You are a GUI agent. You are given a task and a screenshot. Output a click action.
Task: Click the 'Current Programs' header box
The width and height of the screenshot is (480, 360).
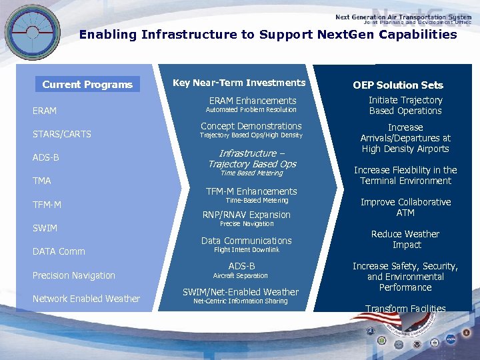[x=87, y=85]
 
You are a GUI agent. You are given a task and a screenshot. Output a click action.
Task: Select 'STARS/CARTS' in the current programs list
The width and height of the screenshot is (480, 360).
[x=62, y=134]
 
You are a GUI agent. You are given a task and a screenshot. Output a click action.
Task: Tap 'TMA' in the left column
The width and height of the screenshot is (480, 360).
[x=42, y=181]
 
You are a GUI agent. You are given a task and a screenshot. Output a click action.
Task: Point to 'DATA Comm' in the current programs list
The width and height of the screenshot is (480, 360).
[x=59, y=251]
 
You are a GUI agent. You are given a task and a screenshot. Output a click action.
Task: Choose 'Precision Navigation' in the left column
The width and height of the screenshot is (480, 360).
[x=74, y=275]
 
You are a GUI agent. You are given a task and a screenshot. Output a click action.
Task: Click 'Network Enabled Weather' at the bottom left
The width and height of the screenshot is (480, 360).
[x=86, y=299]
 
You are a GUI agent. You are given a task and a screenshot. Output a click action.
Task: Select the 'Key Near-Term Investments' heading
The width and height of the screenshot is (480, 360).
[x=239, y=83]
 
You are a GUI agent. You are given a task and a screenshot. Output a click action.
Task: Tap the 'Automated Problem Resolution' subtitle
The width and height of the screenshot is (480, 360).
[x=251, y=110]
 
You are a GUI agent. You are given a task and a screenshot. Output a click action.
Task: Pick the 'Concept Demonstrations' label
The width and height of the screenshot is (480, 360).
[x=251, y=126]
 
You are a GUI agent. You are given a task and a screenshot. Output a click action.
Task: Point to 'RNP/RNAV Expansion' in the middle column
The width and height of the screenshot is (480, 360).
[x=247, y=215]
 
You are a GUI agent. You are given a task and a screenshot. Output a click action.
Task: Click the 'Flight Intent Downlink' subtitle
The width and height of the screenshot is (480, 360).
[x=247, y=250]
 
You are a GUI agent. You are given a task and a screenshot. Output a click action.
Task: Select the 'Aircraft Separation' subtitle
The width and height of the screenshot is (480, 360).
[x=240, y=275]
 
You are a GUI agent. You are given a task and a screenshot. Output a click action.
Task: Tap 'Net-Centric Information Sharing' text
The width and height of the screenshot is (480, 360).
[x=241, y=301]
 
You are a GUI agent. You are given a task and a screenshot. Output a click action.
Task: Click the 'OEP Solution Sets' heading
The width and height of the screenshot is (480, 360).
[x=398, y=85]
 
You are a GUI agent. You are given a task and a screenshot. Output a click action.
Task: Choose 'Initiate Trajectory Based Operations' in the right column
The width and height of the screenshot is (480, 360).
[x=405, y=105]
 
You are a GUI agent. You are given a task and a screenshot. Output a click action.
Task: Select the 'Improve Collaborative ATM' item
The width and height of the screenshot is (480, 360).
[x=405, y=207]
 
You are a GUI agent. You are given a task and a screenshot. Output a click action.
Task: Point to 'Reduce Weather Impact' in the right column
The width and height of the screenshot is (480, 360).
[x=405, y=239]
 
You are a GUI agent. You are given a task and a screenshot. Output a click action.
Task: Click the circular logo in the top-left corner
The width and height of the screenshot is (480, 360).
[x=32, y=31]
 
